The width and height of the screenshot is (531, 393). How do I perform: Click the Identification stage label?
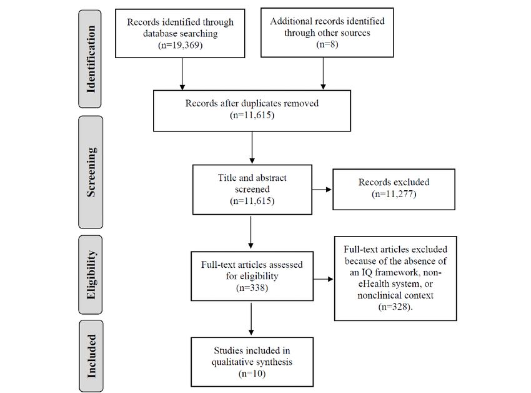pos(91,59)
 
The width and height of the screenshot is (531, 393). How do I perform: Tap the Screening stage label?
pos(91,172)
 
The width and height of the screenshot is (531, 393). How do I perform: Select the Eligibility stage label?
pos(91,275)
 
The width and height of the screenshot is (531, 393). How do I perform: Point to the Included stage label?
pos(91,356)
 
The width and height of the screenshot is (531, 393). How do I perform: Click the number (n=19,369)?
pos(180,45)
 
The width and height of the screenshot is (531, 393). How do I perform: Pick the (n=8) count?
pos(327,44)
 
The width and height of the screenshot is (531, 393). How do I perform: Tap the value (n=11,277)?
pos(394,194)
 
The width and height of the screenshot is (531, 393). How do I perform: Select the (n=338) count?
pos(252,288)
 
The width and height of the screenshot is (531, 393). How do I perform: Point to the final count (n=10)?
pos(252,374)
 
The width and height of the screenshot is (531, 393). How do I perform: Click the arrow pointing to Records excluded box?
pos(321,190)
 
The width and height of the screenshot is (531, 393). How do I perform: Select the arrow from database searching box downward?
pos(182,74)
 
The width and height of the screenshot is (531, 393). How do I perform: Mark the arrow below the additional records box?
pos(323,73)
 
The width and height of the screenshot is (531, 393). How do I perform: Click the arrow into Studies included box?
pos(251,319)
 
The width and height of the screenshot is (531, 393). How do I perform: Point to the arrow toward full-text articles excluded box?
pos(323,279)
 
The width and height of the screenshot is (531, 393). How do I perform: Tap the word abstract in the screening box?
pos(271,178)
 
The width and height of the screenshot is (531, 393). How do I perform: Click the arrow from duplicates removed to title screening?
pos(252,147)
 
